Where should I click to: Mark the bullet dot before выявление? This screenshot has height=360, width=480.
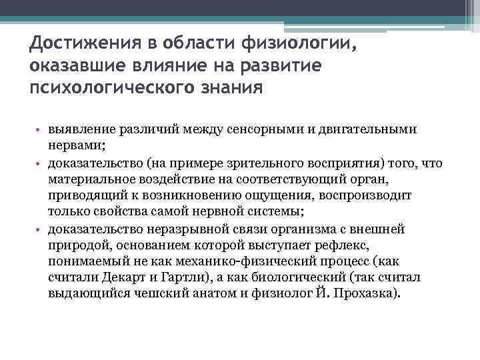pos(40,130)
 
